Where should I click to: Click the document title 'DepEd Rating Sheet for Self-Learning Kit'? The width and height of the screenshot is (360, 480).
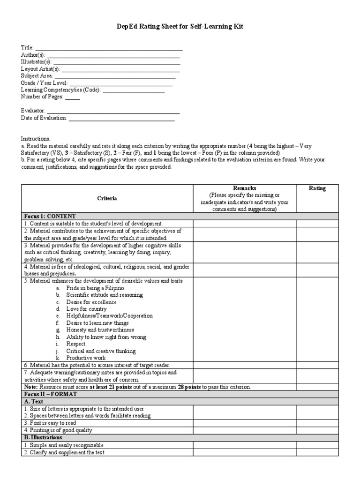(x=180, y=27)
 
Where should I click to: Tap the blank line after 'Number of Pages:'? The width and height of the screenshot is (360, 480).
(x=72, y=99)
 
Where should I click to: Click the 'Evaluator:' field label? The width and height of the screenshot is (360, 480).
(x=33, y=111)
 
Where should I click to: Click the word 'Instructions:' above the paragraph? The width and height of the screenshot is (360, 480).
(x=35, y=139)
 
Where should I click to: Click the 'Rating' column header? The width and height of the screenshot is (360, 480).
(x=317, y=188)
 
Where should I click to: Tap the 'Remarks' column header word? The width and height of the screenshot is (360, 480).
(x=245, y=188)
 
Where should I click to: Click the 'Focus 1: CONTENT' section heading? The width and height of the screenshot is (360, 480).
(x=49, y=216)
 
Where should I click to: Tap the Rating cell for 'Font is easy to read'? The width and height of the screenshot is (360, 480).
(x=317, y=423)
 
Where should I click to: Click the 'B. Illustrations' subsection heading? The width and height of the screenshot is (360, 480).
(x=43, y=437)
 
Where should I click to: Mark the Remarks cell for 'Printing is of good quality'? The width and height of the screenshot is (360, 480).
(x=245, y=430)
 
